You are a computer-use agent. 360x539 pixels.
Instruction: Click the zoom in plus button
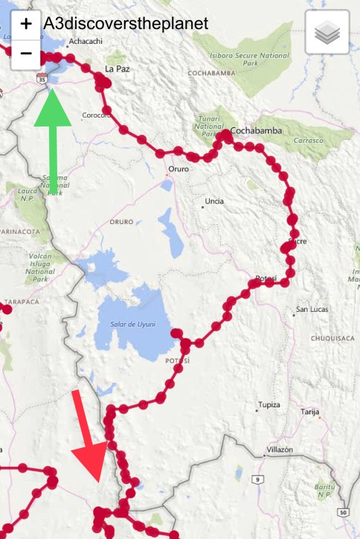(26, 23)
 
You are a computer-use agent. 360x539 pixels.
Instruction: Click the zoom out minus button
(26, 53)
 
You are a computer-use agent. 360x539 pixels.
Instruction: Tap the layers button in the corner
(327, 33)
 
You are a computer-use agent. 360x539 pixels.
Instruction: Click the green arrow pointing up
(53, 141)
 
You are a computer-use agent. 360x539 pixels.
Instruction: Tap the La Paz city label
(117, 68)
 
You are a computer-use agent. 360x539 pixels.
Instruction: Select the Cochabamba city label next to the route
(257, 130)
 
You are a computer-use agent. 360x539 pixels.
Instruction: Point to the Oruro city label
(179, 169)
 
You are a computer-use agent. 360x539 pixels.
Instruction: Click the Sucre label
(298, 241)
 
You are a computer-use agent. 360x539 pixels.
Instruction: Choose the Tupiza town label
(269, 405)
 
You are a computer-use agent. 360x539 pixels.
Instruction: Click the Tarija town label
(309, 411)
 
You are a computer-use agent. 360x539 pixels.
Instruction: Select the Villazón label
(280, 450)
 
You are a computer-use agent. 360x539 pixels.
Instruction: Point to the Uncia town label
(214, 201)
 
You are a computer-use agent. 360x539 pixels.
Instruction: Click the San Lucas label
(313, 309)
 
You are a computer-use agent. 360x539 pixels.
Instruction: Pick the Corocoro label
(96, 115)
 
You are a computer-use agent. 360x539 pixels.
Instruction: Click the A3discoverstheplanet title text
(126, 23)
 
